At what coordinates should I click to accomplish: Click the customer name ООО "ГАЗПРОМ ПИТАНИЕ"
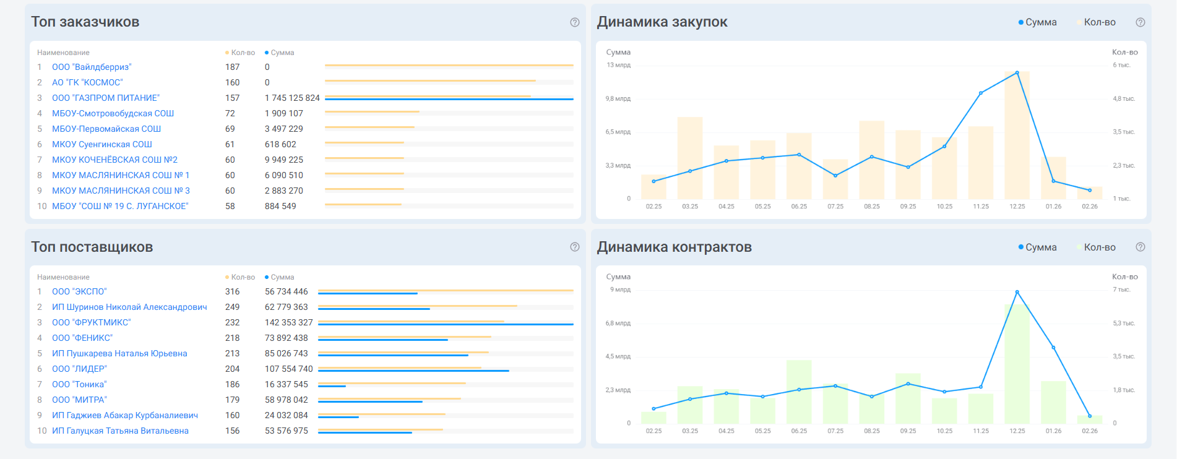106,98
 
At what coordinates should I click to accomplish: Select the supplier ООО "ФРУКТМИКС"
92,322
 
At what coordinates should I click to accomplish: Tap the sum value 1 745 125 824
292,98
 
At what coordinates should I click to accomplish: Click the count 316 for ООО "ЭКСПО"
232,291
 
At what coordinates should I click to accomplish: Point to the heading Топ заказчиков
85,22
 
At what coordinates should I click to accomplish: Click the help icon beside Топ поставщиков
575,247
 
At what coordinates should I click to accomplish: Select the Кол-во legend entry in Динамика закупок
1099,22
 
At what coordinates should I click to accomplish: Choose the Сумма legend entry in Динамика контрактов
1040,247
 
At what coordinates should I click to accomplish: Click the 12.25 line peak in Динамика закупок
1017,73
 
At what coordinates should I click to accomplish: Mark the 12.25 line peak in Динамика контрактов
1017,292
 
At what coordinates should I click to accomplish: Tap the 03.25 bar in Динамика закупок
690,158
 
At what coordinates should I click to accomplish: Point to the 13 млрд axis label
618,65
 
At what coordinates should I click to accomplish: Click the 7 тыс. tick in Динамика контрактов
1121,290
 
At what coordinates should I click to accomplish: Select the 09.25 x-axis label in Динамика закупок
908,207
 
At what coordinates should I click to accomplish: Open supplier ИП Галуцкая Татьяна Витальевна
120,431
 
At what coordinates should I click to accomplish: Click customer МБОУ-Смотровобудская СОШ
113,113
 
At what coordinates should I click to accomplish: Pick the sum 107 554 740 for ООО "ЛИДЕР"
289,369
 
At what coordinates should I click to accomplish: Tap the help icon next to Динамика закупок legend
1140,22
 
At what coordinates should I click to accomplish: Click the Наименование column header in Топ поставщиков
63,277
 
